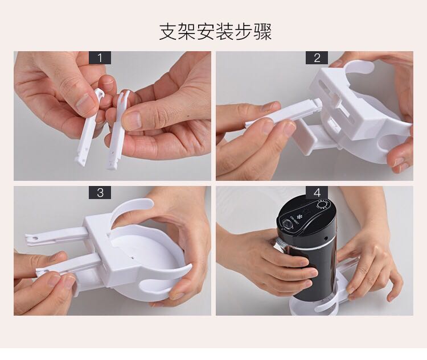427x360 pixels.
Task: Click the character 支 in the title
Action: coord(167,32)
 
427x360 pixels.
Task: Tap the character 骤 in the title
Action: coord(263,32)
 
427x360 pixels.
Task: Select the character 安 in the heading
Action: coord(206,32)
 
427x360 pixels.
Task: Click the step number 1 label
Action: coord(100,58)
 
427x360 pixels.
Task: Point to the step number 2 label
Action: coord(317,58)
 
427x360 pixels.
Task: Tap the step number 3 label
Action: coord(100,193)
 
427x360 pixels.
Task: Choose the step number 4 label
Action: coord(317,193)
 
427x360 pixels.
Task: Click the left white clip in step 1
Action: coord(87,128)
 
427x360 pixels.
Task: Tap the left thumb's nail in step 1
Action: coord(85,102)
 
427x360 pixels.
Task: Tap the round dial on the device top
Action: coord(323,204)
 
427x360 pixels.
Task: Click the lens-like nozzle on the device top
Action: coord(288,224)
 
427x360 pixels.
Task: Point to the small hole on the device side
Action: coord(326,238)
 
